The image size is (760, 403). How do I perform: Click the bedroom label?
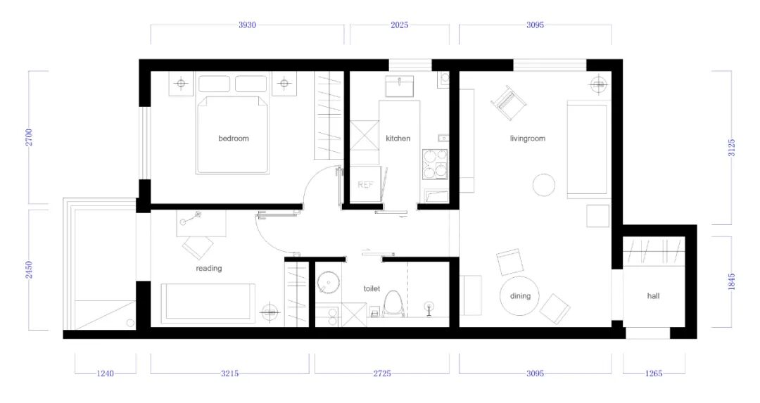(x=234, y=139)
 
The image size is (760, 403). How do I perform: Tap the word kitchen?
(x=398, y=139)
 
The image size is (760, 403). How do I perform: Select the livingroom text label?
(x=527, y=139)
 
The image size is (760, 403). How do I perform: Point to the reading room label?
(x=209, y=269)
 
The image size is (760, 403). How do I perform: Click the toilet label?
(x=372, y=288)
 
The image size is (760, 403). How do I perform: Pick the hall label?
(x=653, y=296)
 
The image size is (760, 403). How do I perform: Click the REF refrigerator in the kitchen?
(x=366, y=184)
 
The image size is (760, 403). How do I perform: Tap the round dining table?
(x=519, y=295)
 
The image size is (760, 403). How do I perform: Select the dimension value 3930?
(x=247, y=25)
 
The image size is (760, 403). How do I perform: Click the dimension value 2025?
(x=400, y=25)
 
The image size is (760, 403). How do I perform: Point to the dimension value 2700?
(x=30, y=138)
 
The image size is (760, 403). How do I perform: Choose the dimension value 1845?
(x=731, y=282)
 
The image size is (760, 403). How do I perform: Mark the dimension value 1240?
(x=105, y=373)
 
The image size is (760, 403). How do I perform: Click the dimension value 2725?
(x=382, y=373)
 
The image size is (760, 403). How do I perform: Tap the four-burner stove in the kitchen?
(x=435, y=164)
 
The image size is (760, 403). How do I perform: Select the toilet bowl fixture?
(x=393, y=305)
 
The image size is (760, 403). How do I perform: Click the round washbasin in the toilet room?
(x=328, y=283)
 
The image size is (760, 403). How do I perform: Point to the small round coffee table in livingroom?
(x=544, y=185)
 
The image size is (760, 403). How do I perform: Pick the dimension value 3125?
(x=731, y=148)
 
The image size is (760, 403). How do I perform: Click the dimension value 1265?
(x=654, y=373)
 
